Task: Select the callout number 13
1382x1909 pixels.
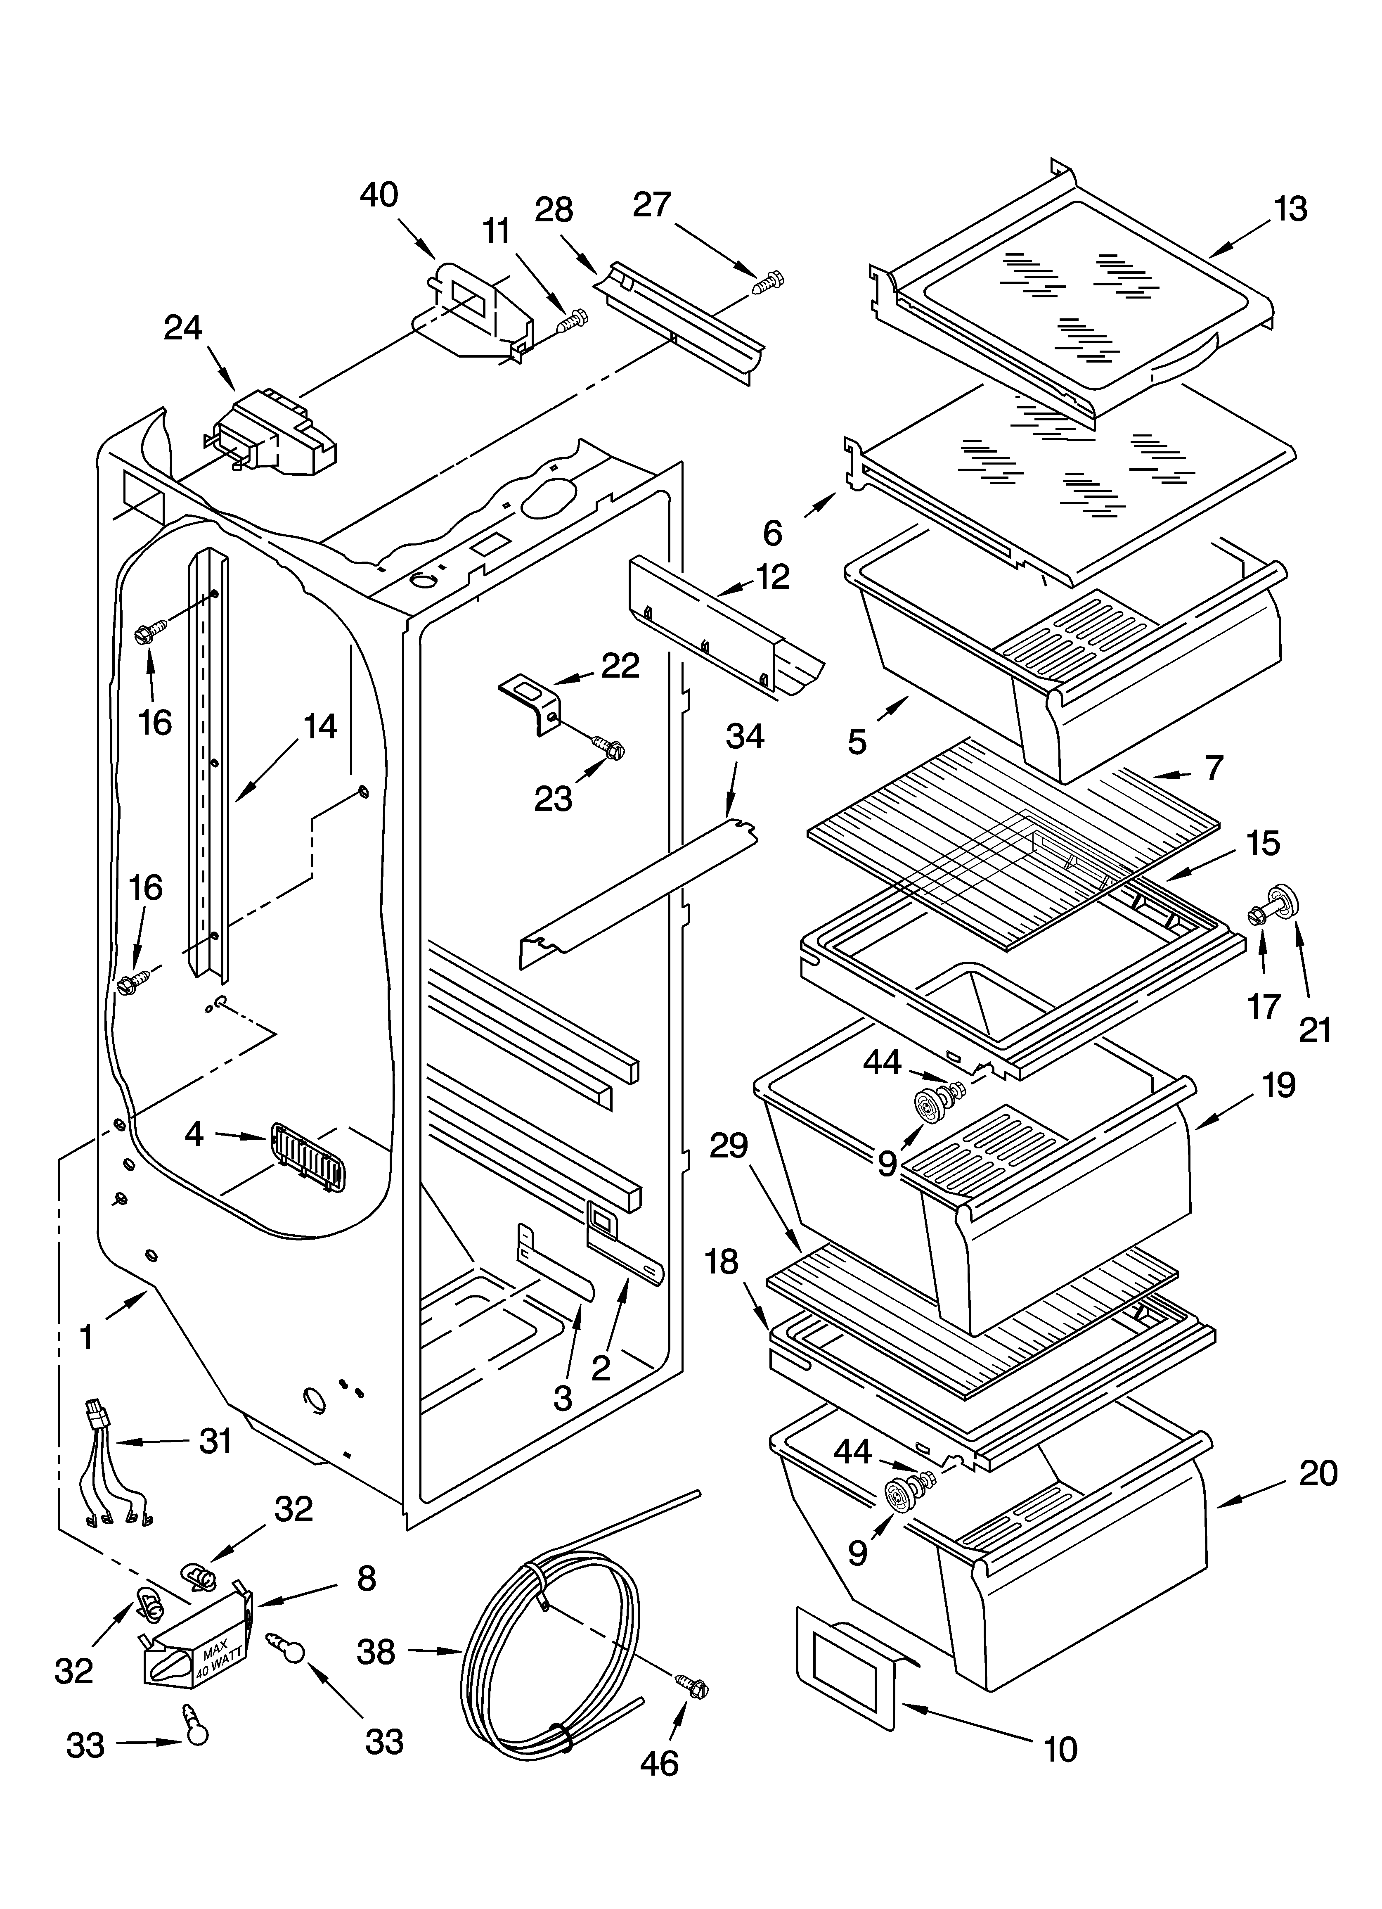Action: coord(1290,209)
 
